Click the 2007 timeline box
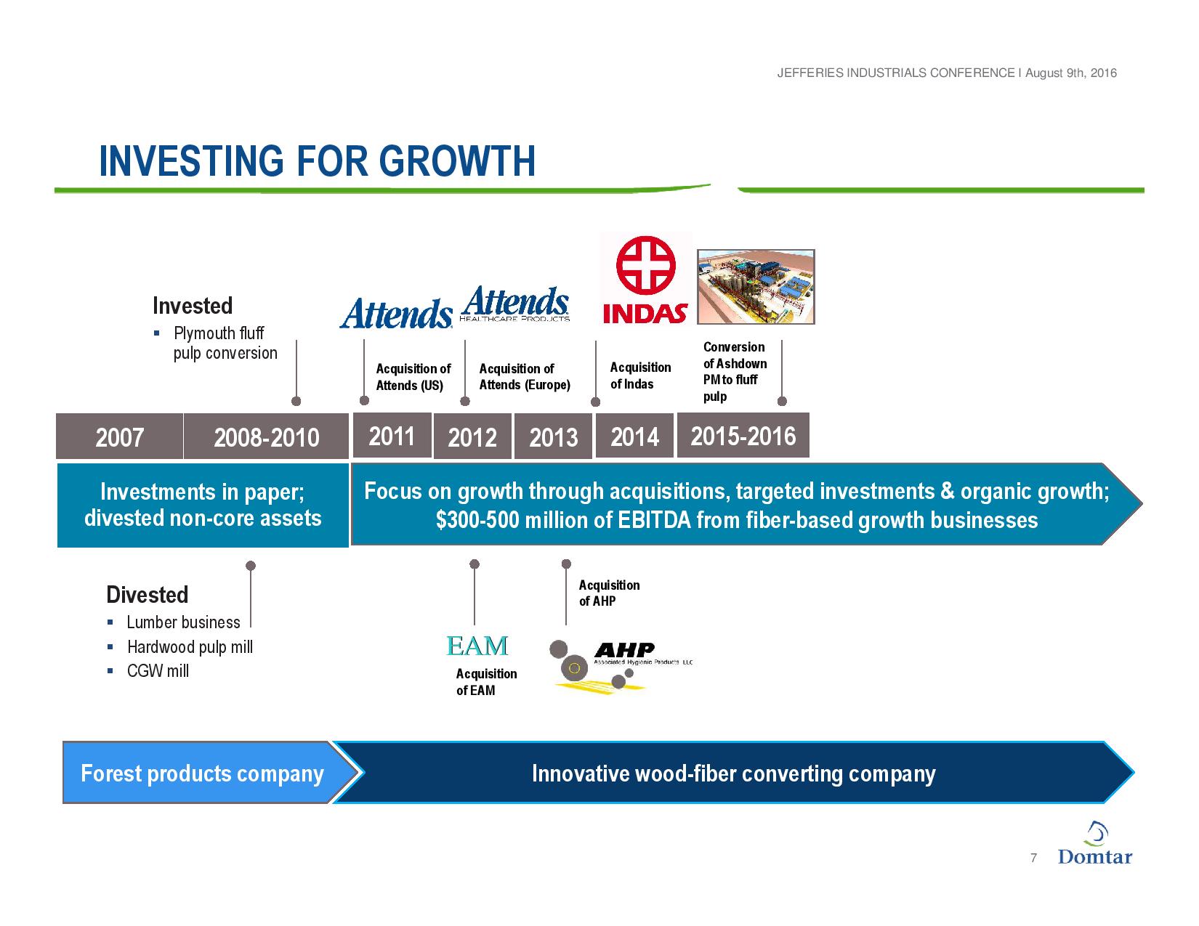pos(119,436)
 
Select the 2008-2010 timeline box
pos(266,436)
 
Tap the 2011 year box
pos(392,435)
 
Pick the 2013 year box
pos(553,436)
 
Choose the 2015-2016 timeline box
pos(743,435)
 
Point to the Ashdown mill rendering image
pos(756,287)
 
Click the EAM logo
pos(477,646)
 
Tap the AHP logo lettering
pos(625,650)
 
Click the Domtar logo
pos(1095,845)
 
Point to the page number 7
pos(1033,858)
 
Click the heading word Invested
pos(193,306)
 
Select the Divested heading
pos(148,595)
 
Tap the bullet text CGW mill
pos(158,670)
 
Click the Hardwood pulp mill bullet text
pos(190,646)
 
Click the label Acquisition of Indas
pos(640,375)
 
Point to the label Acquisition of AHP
pos(609,593)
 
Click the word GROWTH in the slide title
pos(457,161)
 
